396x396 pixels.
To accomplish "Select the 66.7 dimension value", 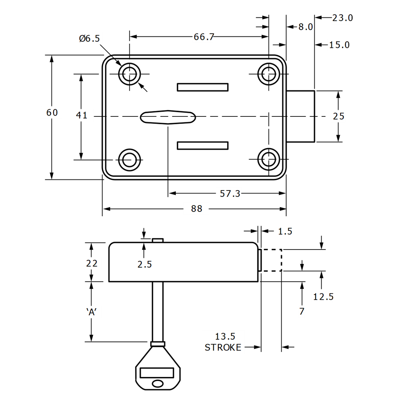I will click(x=204, y=37).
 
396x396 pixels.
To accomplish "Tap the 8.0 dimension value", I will click(x=305, y=27).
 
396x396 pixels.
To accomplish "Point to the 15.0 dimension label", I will click(x=338, y=45).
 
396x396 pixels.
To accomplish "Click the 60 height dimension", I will click(x=52, y=112).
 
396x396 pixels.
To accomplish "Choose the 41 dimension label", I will click(x=81, y=115).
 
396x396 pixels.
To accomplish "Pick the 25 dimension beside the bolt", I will click(x=339, y=116).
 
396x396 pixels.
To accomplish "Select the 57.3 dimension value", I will click(x=230, y=194).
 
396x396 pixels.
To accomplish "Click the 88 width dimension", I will click(x=196, y=209).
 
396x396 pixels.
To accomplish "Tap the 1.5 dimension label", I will click(x=285, y=231).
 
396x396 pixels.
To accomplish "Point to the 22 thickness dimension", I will click(x=91, y=263).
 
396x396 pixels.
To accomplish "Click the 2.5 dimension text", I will click(x=145, y=265).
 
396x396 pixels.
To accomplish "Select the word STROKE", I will click(x=223, y=347).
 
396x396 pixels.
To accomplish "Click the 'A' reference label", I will click(x=91, y=312).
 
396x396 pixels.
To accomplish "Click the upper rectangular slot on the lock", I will click(x=202, y=87).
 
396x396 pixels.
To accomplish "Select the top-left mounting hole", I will click(x=129, y=74).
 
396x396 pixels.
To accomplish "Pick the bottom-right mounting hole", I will click(x=268, y=160).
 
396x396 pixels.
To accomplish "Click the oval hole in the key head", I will click(x=158, y=383).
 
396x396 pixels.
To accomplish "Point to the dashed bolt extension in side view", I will click(x=271, y=260).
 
